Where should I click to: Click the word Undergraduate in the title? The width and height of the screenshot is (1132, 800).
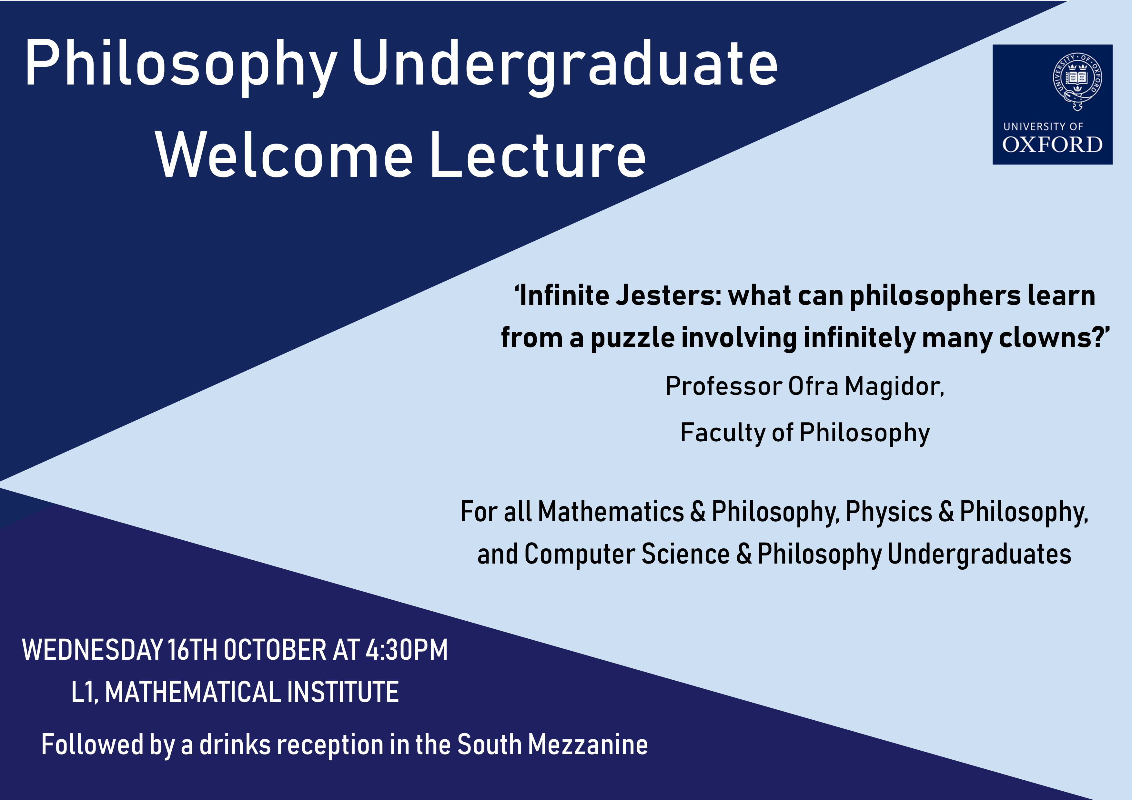[x=565, y=66]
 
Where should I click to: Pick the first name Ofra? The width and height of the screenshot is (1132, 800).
[x=814, y=385]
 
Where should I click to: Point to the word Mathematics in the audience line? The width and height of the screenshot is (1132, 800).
[x=611, y=511]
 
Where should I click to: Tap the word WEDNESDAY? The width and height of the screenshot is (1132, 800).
[x=93, y=650]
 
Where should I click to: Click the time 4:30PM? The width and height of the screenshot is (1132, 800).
[x=406, y=650]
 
